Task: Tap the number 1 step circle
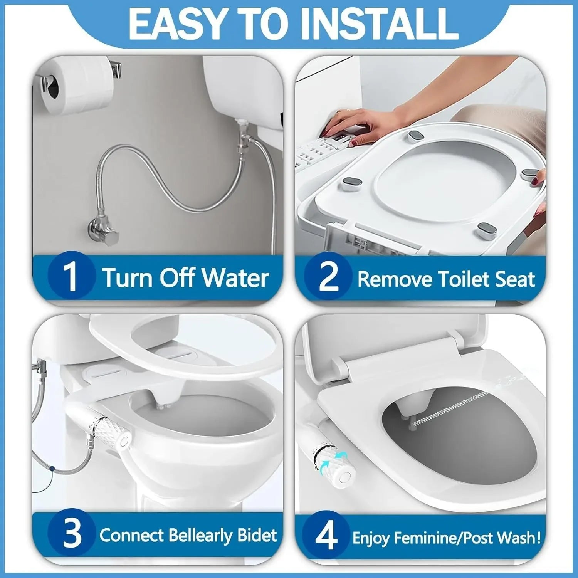(x=72, y=276)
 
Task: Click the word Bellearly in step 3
(x=200, y=536)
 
